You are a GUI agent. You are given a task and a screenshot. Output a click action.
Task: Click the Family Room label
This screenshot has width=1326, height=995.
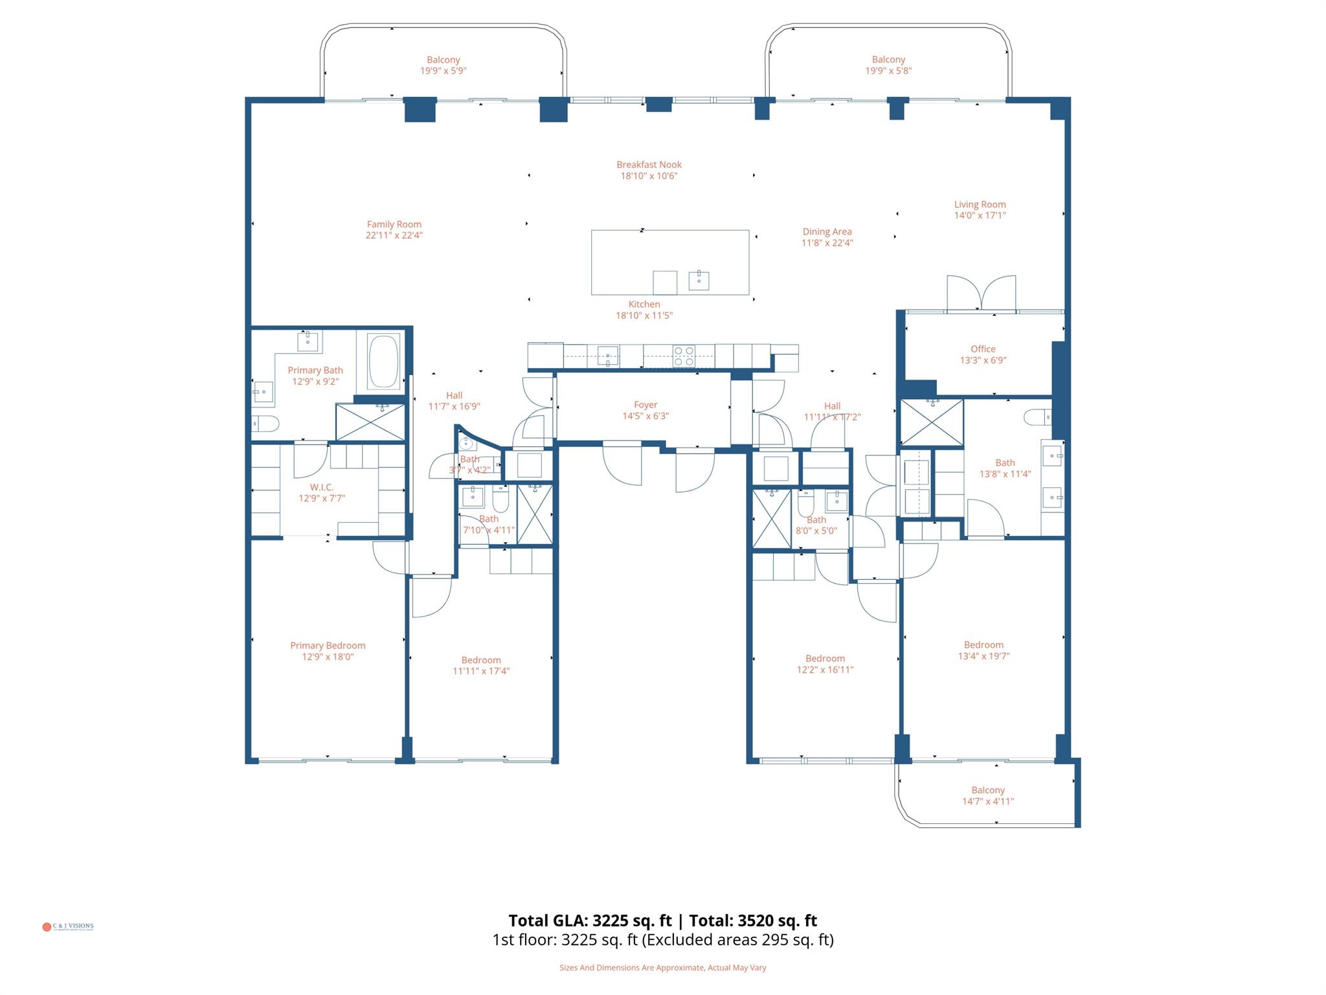coord(394,225)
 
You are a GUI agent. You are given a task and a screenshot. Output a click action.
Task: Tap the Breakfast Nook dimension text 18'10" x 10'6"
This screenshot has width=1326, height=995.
coord(649,176)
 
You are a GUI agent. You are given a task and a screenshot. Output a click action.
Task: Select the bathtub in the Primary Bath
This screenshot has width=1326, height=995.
coord(383,361)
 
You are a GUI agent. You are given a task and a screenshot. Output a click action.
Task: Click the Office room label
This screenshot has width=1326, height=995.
coord(983,349)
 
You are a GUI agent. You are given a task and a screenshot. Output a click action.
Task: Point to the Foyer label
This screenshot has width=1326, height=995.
coord(646,405)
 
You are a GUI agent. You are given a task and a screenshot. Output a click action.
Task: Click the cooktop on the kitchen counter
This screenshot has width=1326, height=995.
coord(684,356)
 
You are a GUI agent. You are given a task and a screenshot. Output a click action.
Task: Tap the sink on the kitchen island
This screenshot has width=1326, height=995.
coord(699,280)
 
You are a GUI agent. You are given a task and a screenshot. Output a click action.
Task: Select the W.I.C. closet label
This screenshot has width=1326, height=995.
coord(322,487)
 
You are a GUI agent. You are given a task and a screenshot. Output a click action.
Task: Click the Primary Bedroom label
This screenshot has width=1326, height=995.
coord(328,645)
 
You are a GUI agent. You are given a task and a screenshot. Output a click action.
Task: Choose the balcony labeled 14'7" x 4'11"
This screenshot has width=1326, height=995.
coord(987,795)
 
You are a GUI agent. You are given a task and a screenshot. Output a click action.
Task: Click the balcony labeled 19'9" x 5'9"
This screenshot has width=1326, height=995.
coord(443,65)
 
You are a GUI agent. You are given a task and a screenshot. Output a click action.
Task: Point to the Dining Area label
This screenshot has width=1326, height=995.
coord(827,232)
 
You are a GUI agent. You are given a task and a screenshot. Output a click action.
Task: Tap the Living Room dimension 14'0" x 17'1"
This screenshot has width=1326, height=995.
coord(980,216)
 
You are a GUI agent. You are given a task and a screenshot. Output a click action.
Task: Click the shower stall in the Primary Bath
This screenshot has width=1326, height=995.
coord(370,422)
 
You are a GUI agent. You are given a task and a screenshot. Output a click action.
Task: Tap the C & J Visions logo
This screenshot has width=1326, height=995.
coord(68,926)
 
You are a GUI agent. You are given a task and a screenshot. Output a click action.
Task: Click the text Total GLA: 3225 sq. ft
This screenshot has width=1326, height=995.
coord(590,921)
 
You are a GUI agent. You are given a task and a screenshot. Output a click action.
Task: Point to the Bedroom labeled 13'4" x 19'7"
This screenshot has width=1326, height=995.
coord(983,645)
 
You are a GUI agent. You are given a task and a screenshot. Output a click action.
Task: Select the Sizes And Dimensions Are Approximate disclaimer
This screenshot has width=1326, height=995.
coord(662,968)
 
